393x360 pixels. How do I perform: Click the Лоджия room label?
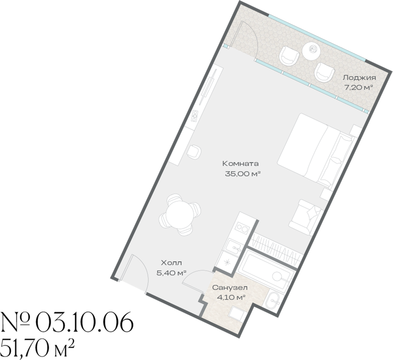click(359, 78)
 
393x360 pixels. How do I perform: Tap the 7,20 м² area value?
click(358, 87)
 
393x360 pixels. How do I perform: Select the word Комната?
click(240, 164)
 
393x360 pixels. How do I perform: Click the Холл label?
click(172, 263)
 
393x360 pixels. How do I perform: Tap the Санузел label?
click(230, 287)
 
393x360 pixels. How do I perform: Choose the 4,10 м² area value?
click(231, 298)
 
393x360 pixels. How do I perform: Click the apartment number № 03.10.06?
click(67, 322)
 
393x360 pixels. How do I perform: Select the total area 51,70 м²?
click(38, 347)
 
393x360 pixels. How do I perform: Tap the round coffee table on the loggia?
click(311, 50)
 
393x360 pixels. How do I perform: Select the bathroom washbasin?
click(273, 302)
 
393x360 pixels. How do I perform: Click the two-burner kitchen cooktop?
click(242, 228)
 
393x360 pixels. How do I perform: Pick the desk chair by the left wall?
click(194, 152)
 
